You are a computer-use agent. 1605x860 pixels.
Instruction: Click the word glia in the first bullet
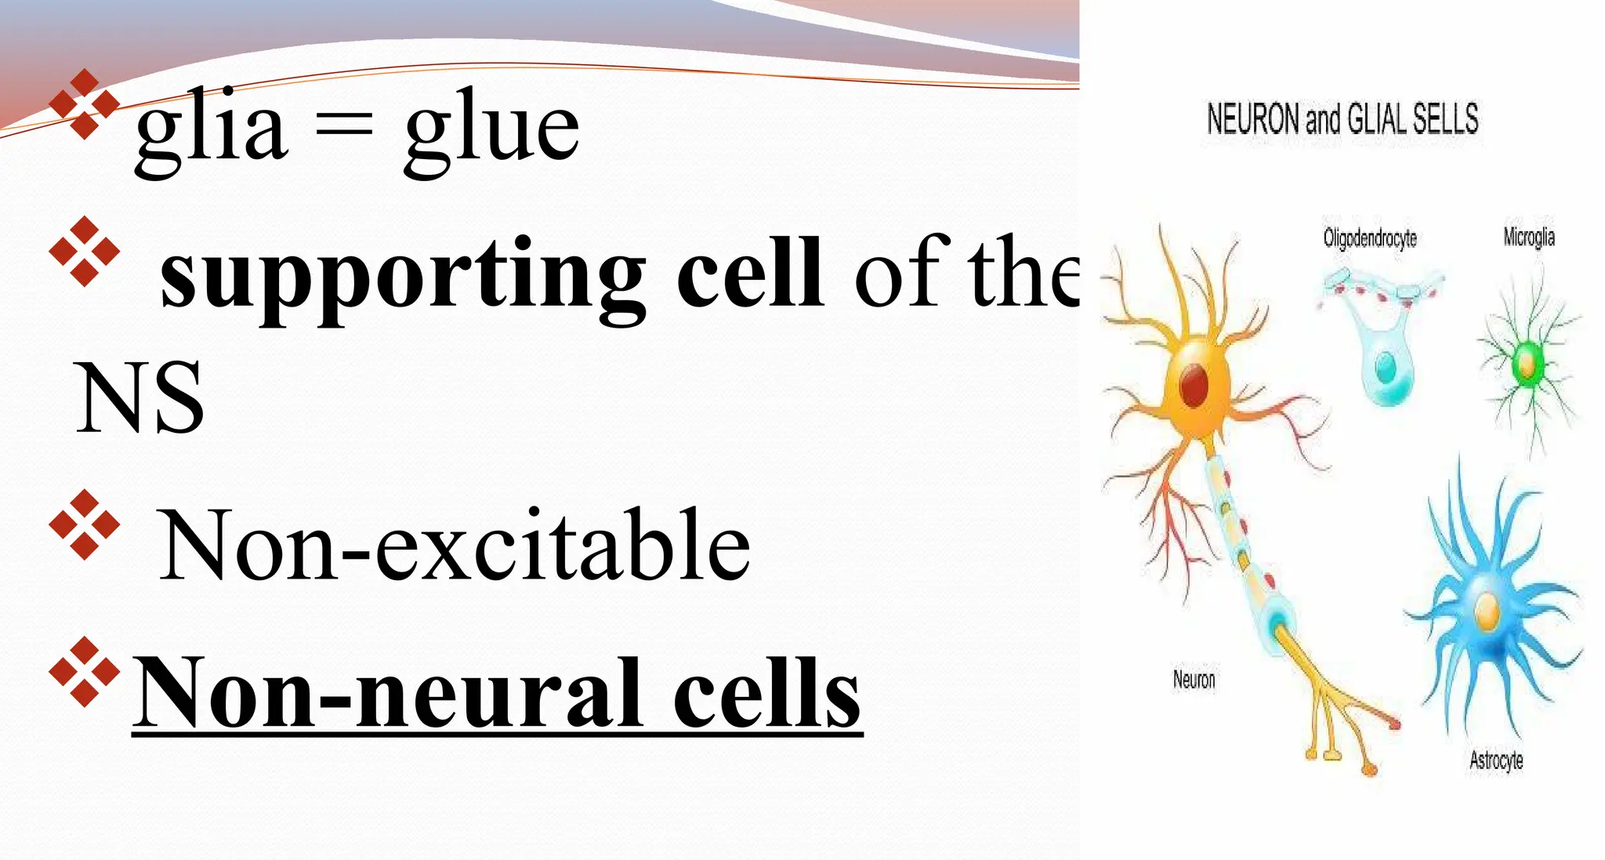point(210,130)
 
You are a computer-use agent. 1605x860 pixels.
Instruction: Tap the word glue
point(492,130)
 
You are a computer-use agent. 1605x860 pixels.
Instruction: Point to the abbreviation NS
point(139,397)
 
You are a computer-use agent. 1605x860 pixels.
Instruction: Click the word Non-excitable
point(454,544)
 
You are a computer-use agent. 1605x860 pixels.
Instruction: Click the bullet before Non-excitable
point(84,524)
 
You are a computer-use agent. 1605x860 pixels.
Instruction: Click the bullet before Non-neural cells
point(84,672)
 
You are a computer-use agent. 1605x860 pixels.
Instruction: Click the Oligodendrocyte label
point(1370,238)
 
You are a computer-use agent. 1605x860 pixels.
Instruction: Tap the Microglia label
point(1528,237)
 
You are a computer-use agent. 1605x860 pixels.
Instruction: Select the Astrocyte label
point(1495,760)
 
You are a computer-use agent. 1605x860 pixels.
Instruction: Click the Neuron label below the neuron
point(1194,679)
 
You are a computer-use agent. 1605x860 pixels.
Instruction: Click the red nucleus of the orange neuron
point(1194,385)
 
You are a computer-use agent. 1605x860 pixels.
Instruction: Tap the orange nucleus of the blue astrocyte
point(1487,612)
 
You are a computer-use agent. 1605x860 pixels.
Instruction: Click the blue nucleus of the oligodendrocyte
point(1386,365)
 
